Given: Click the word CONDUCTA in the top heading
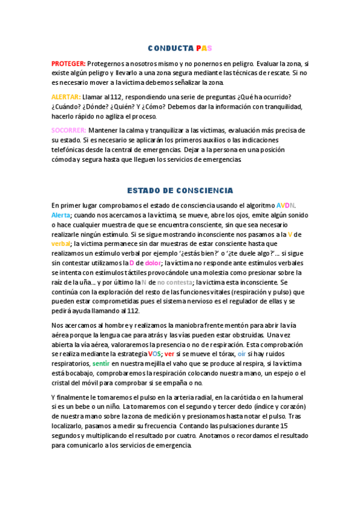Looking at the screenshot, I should click(x=170, y=48).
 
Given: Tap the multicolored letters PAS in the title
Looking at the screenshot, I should click(x=204, y=48).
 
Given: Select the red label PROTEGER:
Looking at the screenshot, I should click(x=69, y=63).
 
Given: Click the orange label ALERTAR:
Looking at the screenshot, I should click(x=66, y=97).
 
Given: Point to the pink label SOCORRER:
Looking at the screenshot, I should click(x=69, y=130).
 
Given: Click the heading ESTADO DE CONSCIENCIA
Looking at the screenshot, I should click(x=180, y=190).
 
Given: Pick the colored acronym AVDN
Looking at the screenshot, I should click(x=285, y=205).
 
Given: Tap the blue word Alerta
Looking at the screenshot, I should click(x=61, y=215).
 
